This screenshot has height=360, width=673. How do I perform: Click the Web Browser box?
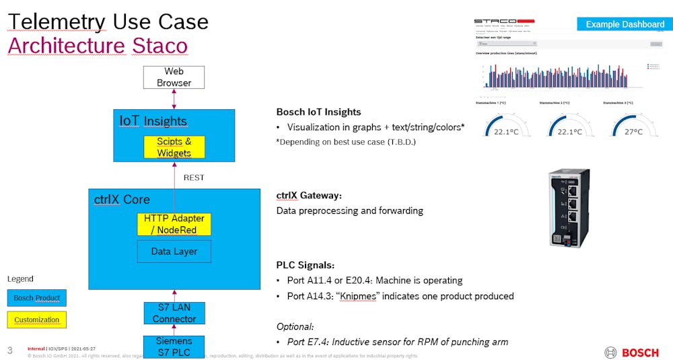[x=174, y=77]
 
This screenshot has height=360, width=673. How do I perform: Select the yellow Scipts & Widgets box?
[x=174, y=147]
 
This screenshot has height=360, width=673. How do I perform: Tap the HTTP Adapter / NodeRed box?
[x=174, y=224]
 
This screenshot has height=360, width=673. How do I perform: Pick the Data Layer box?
[x=174, y=251]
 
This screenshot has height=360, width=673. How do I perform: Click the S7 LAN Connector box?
[x=174, y=313]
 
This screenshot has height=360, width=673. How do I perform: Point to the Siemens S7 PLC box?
[x=174, y=347]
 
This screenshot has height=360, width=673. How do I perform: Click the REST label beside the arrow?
[x=194, y=178]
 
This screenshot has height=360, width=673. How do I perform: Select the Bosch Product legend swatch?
[x=37, y=298]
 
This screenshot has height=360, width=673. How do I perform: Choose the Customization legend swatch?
[x=37, y=320]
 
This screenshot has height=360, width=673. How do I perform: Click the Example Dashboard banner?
[x=625, y=24]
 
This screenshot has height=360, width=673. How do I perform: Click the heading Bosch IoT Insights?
[x=318, y=112]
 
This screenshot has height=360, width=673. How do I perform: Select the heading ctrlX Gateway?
[x=309, y=195]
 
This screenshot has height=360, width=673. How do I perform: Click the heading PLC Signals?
[x=305, y=265]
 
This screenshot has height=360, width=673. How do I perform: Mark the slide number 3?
[x=9, y=350]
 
